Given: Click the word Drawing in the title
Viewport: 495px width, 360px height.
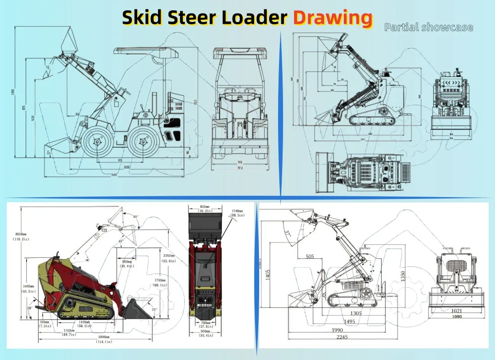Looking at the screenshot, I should [x=333, y=18].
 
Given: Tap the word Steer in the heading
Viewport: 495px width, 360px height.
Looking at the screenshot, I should [x=195, y=18].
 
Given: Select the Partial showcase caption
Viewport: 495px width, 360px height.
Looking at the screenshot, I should [x=428, y=27].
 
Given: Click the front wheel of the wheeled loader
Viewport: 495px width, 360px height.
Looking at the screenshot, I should [x=97, y=142].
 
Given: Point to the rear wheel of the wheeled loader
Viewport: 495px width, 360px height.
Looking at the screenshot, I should [x=143, y=142].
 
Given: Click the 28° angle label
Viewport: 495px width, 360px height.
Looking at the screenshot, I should [x=29, y=308].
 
